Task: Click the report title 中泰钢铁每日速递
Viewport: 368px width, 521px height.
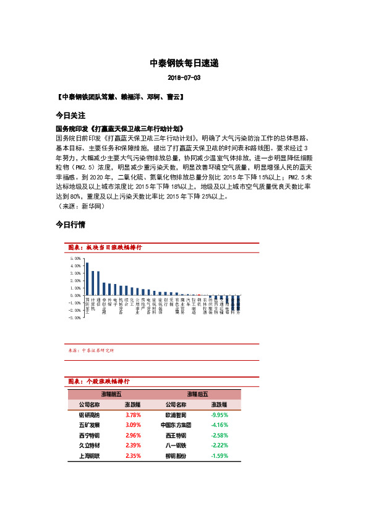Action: pyautogui.click(x=184, y=63)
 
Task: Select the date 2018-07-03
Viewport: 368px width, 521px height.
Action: pyautogui.click(x=184, y=79)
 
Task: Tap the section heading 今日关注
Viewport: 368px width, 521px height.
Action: pyautogui.click(x=70, y=116)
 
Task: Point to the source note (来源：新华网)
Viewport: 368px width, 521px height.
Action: pyautogui.click(x=81, y=205)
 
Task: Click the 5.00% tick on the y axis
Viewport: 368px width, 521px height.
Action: pyautogui.click(x=76, y=258)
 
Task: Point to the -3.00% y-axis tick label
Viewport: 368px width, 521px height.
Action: pyautogui.click(x=75, y=317)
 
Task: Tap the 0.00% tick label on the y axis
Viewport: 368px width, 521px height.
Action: pyautogui.click(x=76, y=295)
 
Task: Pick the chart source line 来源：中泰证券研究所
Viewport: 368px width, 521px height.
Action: pyautogui.click(x=91, y=350)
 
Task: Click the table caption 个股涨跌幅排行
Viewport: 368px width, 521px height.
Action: pyautogui.click(x=106, y=381)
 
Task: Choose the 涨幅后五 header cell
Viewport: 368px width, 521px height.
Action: pyautogui.click(x=197, y=394)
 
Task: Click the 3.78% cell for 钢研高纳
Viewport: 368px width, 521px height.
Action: pyautogui.click(x=132, y=415)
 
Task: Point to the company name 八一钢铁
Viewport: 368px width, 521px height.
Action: pyautogui.click(x=176, y=445)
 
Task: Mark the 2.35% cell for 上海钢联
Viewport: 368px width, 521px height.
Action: pyautogui.click(x=132, y=455)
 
